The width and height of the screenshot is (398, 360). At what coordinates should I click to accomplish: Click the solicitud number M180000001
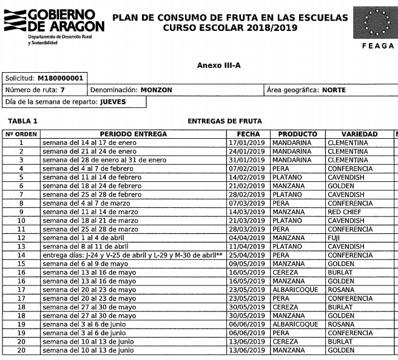[60, 78]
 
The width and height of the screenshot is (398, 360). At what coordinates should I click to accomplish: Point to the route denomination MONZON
[156, 90]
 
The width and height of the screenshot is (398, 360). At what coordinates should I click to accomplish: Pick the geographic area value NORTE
[334, 90]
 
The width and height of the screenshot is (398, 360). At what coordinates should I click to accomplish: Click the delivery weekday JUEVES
[113, 102]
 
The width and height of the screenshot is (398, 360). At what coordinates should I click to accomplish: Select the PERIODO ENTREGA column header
[133, 134]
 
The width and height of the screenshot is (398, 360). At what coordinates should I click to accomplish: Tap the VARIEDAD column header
[359, 134]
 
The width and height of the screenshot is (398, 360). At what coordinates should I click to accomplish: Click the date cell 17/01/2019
[248, 143]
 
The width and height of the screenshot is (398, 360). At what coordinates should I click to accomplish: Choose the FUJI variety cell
[336, 238]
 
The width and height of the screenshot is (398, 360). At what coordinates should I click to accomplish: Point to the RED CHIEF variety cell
[343, 212]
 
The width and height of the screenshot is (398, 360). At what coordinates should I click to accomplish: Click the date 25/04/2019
[248, 255]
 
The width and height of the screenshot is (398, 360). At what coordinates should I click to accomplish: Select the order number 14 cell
[21, 255]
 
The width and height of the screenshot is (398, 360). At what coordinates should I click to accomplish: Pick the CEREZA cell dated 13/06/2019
[286, 342]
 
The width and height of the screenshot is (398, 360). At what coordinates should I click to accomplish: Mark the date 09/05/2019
[248, 264]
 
